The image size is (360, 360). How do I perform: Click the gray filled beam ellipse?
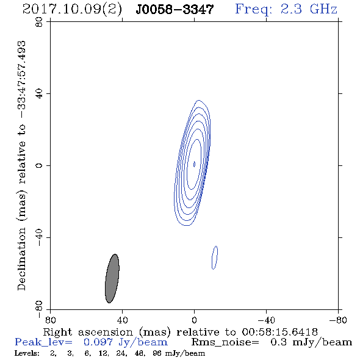pos(112,278)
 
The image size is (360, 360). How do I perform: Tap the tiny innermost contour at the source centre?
pos(194,164)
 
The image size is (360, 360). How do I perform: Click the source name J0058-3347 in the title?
pos(175,10)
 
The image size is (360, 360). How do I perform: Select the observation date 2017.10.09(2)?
pos(72,10)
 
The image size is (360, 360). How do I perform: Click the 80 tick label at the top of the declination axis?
pos(39,22)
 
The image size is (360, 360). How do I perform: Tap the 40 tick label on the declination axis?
pos(39,94)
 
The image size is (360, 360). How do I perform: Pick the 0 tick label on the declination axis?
pos(39,165)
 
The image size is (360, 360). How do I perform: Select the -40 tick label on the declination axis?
pos(39,237)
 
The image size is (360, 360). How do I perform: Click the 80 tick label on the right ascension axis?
pos(50,320)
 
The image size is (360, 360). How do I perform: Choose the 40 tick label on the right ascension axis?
pos(122,320)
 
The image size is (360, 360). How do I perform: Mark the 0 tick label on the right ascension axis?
pos(194,320)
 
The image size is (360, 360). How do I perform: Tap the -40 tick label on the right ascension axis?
pos(266,320)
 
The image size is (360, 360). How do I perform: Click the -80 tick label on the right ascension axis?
pos(338,320)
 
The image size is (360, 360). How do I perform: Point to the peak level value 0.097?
pos(98,342)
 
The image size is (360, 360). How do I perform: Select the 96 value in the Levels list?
pos(157,353)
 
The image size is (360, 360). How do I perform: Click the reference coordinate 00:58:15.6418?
pos(279,332)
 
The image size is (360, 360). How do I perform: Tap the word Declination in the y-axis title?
pos(21,259)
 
